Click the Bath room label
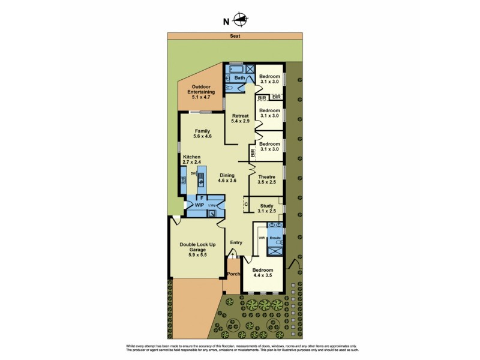point(239,78)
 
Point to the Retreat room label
point(240,118)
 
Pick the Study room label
point(266,208)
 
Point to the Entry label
point(236,243)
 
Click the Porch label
point(233,274)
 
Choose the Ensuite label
point(275,238)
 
